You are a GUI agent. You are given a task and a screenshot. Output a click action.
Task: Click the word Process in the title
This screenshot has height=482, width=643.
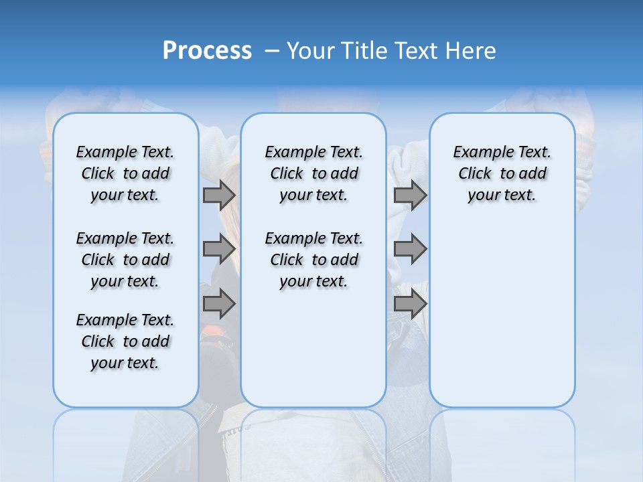pos(207,50)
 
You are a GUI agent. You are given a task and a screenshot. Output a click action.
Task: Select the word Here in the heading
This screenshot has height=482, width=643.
pos(472,51)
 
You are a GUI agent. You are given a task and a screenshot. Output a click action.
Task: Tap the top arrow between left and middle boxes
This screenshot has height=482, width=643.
pos(219,195)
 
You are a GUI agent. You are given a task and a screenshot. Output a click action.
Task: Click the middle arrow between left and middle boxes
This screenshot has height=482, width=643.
pos(219,249)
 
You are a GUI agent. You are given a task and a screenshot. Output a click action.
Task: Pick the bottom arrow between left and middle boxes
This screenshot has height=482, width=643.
pos(219,303)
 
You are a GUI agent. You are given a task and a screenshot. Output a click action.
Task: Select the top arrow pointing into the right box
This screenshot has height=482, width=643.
pos(410,195)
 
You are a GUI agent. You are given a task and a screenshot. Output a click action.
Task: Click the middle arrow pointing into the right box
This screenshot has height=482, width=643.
pos(410,249)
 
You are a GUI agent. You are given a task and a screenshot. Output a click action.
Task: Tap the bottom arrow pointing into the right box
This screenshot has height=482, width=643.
pos(410,303)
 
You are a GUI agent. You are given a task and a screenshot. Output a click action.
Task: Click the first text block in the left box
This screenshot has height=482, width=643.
pos(125,173)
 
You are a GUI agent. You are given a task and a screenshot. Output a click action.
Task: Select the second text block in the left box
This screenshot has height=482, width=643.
pos(125,260)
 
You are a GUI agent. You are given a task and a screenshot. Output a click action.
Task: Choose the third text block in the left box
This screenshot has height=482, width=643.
pos(125,341)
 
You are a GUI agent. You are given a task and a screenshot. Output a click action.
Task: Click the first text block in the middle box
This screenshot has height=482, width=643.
pos(313,173)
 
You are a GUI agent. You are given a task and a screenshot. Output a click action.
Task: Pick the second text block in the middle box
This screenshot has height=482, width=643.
pos(313,260)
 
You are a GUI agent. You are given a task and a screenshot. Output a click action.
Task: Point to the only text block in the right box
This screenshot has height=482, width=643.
pos(502,173)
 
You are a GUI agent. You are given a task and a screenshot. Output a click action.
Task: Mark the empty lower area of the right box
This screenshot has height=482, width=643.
pos(502,315)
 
